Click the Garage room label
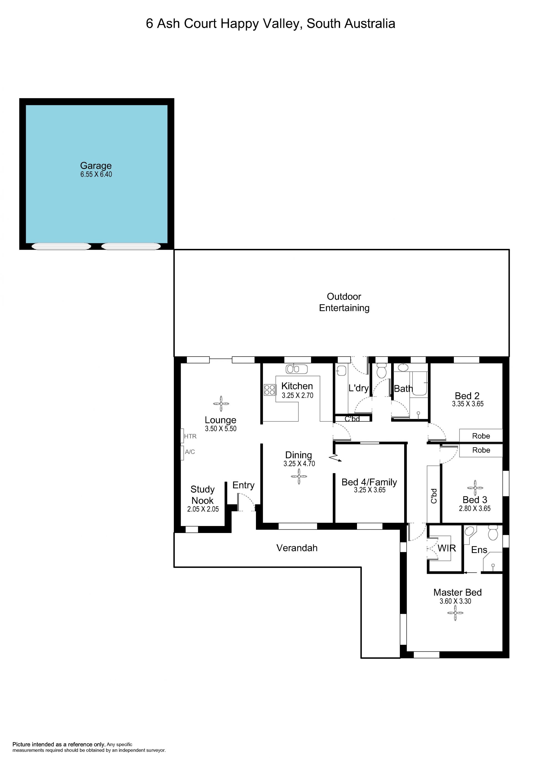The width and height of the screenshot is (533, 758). tap(96, 165)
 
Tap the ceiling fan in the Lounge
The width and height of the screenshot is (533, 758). tap(221, 404)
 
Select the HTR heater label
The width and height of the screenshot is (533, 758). tap(190, 436)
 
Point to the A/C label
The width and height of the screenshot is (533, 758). tap(190, 452)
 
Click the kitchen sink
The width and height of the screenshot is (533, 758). tap(296, 369)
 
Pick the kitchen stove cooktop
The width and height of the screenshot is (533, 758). tap(270, 390)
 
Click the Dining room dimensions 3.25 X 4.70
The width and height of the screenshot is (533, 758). tap(299, 464)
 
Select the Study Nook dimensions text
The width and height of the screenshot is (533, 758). tap(203, 509)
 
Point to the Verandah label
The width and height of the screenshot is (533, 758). tap(297, 548)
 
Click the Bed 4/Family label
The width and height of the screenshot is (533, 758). tap(369, 482)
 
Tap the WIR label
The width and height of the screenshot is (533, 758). tap(446, 548)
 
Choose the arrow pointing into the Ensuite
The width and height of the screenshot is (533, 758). tap(470, 572)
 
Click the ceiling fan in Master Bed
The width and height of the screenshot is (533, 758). tap(455, 613)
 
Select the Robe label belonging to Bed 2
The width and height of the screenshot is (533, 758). tap(481, 436)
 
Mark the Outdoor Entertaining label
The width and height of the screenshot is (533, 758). tap(344, 302)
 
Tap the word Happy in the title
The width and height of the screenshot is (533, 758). tap(240, 24)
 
